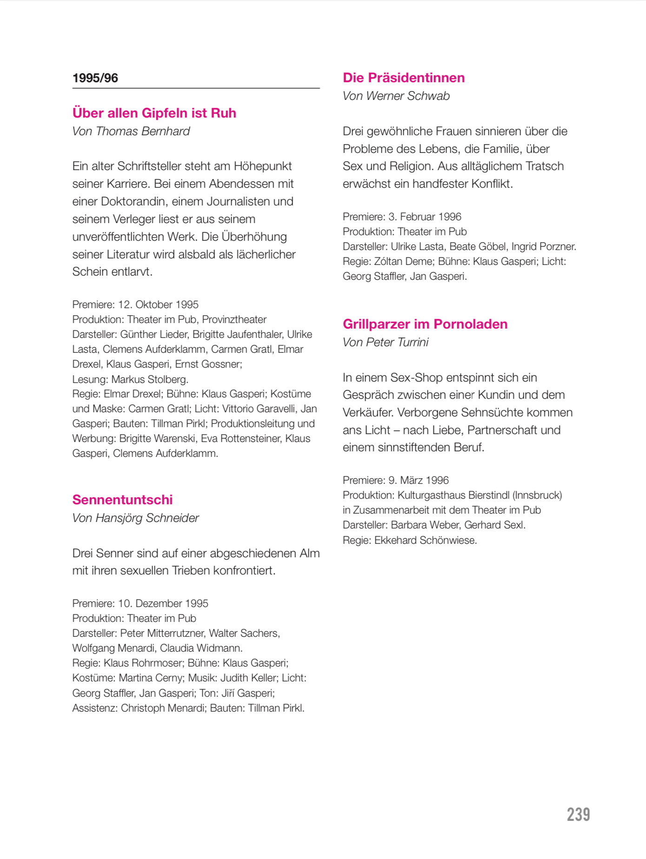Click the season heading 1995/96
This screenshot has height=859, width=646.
(95, 78)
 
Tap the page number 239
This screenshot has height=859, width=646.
(578, 814)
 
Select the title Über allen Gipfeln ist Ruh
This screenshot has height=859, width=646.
(154, 113)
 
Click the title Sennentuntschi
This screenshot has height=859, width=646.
(122, 500)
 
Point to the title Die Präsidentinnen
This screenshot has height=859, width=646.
(404, 78)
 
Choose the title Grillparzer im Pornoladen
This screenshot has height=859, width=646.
(425, 324)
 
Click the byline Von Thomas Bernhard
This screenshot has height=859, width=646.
(131, 131)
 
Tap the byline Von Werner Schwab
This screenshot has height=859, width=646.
(396, 96)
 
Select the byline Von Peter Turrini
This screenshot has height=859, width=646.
(386, 342)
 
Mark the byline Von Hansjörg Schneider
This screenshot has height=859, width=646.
(135, 518)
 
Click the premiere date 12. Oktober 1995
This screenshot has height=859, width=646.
(158, 304)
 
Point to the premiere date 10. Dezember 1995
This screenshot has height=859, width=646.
(163, 603)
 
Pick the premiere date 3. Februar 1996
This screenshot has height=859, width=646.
(425, 217)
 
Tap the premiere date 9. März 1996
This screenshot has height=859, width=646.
(419, 480)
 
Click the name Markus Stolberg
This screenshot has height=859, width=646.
(150, 379)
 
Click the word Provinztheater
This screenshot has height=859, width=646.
(234, 319)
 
